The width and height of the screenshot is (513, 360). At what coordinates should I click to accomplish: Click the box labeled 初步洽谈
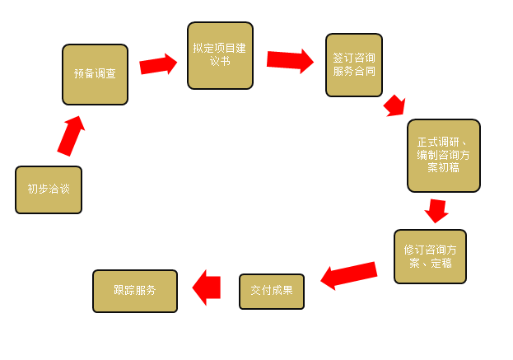(x=49, y=189)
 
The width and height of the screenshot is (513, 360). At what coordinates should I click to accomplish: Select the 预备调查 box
(x=95, y=74)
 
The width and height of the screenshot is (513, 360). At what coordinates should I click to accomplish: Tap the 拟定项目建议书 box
(x=220, y=55)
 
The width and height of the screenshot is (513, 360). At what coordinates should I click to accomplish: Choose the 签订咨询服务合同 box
(x=354, y=65)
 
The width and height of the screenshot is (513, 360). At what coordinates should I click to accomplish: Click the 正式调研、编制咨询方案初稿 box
(x=443, y=155)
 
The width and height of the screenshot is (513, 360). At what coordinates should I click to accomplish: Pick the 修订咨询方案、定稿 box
(x=430, y=256)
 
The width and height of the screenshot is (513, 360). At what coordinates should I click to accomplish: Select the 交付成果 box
(x=272, y=291)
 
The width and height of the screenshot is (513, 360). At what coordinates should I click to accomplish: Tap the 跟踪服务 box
(x=135, y=291)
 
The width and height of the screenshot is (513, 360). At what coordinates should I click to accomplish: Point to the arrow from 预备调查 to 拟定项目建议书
(x=159, y=64)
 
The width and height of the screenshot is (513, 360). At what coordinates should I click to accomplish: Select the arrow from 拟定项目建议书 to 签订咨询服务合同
(x=290, y=60)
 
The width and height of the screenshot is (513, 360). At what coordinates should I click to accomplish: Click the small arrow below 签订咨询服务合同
(x=394, y=105)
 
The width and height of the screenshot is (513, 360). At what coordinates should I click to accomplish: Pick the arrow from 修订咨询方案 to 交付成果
(x=348, y=274)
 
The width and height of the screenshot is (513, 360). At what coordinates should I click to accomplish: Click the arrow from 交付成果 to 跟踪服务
(x=207, y=287)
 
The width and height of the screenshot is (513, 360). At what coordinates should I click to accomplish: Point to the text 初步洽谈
(x=49, y=189)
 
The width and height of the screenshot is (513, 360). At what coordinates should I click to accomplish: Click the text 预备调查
(x=95, y=74)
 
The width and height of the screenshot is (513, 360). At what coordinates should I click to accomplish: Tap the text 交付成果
(x=272, y=291)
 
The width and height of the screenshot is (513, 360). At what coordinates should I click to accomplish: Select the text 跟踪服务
(x=135, y=291)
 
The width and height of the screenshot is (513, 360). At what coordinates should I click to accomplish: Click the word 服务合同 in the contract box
(x=354, y=72)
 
